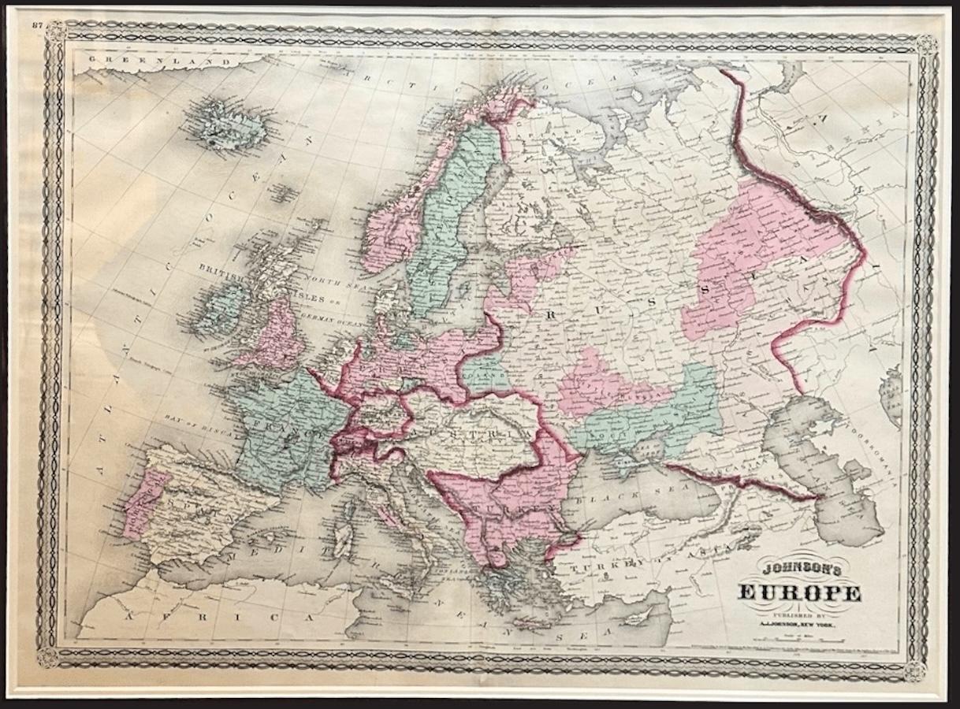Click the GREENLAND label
(127, 59)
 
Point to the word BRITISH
(222, 269)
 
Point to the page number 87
(36, 25)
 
